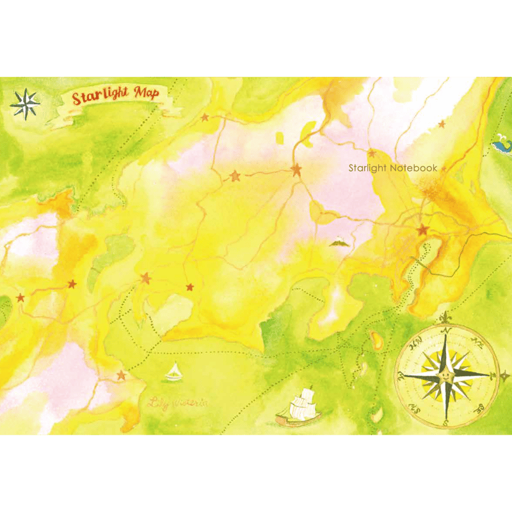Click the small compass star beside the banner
pyautogui.click(x=24, y=104)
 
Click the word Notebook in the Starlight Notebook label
pyautogui.click(x=415, y=168)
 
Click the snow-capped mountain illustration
pyautogui.click(x=338, y=241)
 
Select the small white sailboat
pyautogui.click(x=173, y=372)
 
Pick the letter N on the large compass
pyautogui.click(x=447, y=331)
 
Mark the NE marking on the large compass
pyautogui.click(x=477, y=340)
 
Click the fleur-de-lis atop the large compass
pyautogui.click(x=446, y=317)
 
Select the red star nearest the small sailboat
pyautogui.click(x=122, y=376)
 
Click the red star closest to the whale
pyautogui.click(x=441, y=124)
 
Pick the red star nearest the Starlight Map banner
pyautogui.click(x=205, y=118)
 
